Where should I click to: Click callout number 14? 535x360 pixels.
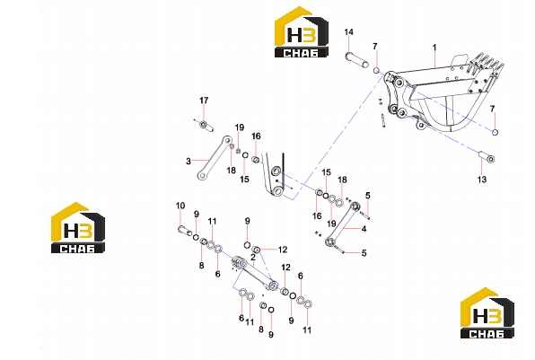tap(348, 32)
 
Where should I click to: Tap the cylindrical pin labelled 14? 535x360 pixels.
tap(357, 60)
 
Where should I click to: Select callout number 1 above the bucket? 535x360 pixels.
tap(434, 47)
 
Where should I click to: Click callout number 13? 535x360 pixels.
tap(482, 180)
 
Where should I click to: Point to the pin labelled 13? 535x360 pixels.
tap(487, 157)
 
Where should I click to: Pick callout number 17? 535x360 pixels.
tap(204, 101)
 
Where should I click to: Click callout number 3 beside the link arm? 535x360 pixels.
tap(188, 161)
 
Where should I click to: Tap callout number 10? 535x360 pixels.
tap(180, 206)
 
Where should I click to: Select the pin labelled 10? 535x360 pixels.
tap(184, 231)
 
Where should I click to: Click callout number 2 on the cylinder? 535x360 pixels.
tap(253, 257)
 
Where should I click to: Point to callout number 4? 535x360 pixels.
tap(364, 229)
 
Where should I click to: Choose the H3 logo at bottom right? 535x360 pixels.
tap(487, 313)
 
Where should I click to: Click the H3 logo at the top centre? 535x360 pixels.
tap(302, 31)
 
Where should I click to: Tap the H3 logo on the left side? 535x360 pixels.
tap(78, 228)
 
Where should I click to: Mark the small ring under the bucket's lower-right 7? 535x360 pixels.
tap(495, 132)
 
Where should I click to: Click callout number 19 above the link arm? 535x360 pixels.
tap(240, 127)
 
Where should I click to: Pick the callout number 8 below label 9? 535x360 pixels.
tap(202, 265)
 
